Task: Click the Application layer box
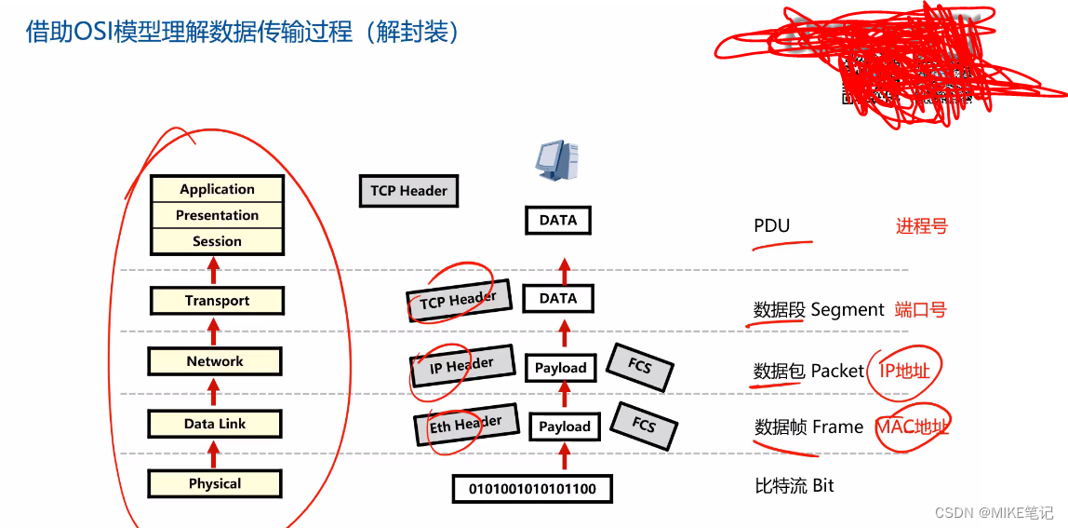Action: pyautogui.click(x=217, y=189)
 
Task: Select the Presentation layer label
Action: pyautogui.click(x=217, y=215)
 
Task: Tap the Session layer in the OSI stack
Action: pyautogui.click(x=217, y=241)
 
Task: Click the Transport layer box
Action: pyautogui.click(x=217, y=301)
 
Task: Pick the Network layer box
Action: pyautogui.click(x=215, y=361)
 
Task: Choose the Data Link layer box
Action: pyautogui.click(x=215, y=424)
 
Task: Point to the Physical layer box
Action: pyautogui.click(x=215, y=484)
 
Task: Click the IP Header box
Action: pyautogui.click(x=461, y=366)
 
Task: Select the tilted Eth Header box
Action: pyautogui.click(x=465, y=425)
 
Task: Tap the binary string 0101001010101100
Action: pyautogui.click(x=532, y=488)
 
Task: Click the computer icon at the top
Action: pyautogui.click(x=557, y=159)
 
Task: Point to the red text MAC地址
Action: pyautogui.click(x=913, y=427)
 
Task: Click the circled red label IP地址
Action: pyautogui.click(x=904, y=371)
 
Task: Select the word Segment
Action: pyautogui.click(x=848, y=310)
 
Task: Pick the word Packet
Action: pyautogui.click(x=837, y=371)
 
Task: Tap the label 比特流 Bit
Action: pyautogui.click(x=794, y=485)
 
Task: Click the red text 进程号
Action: pyautogui.click(x=921, y=226)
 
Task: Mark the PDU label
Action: pyautogui.click(x=771, y=226)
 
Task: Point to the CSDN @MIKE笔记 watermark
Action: pyautogui.click(x=994, y=513)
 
